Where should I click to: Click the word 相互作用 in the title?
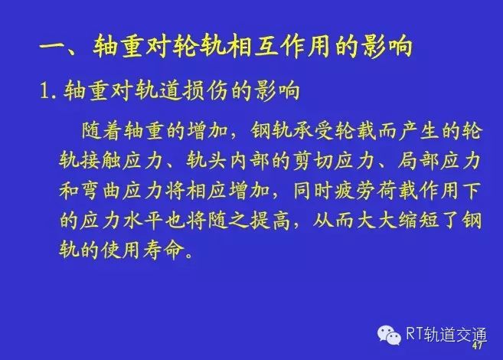278,47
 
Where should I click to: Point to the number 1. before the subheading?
48,90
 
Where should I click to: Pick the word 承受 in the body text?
313,130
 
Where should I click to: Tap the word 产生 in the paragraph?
419,130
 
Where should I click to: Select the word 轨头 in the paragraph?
206,160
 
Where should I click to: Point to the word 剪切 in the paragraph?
312,160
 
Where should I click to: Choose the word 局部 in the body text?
418,160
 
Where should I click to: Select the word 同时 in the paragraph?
312,191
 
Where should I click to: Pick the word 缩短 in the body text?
419,220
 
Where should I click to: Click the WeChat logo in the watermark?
389,335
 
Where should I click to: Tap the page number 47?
477,345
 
